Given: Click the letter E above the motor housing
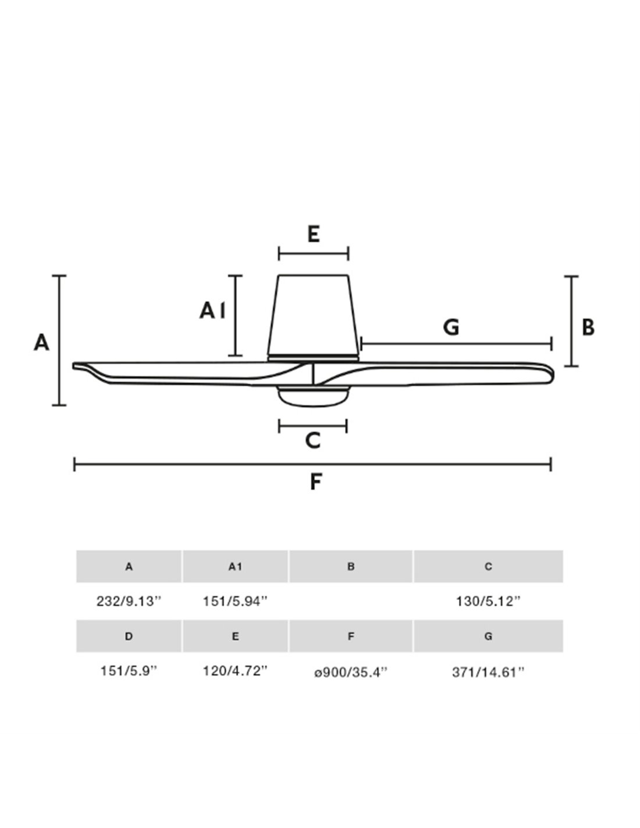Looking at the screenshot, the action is click(314, 234).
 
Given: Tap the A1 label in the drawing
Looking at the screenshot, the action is click(212, 310).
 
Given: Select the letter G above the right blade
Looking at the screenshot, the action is click(451, 327).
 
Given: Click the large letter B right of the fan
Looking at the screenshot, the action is click(588, 327).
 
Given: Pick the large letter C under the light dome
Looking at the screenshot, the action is click(313, 440).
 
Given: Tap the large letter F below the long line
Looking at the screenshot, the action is click(315, 482).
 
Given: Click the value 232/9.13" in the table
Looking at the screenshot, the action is click(129, 601).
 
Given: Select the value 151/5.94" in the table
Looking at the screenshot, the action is click(235, 601).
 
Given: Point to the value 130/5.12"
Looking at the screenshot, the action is click(488, 601).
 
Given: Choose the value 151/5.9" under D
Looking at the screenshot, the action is click(129, 671).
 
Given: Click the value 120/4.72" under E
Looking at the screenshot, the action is click(235, 671).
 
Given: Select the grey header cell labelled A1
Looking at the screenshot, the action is click(235, 567).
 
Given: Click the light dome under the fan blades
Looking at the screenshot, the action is click(313, 397).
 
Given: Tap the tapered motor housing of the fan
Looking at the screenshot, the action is click(313, 316).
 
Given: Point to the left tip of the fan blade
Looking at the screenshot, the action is click(73, 366).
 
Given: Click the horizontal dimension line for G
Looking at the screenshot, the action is click(456, 344).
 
